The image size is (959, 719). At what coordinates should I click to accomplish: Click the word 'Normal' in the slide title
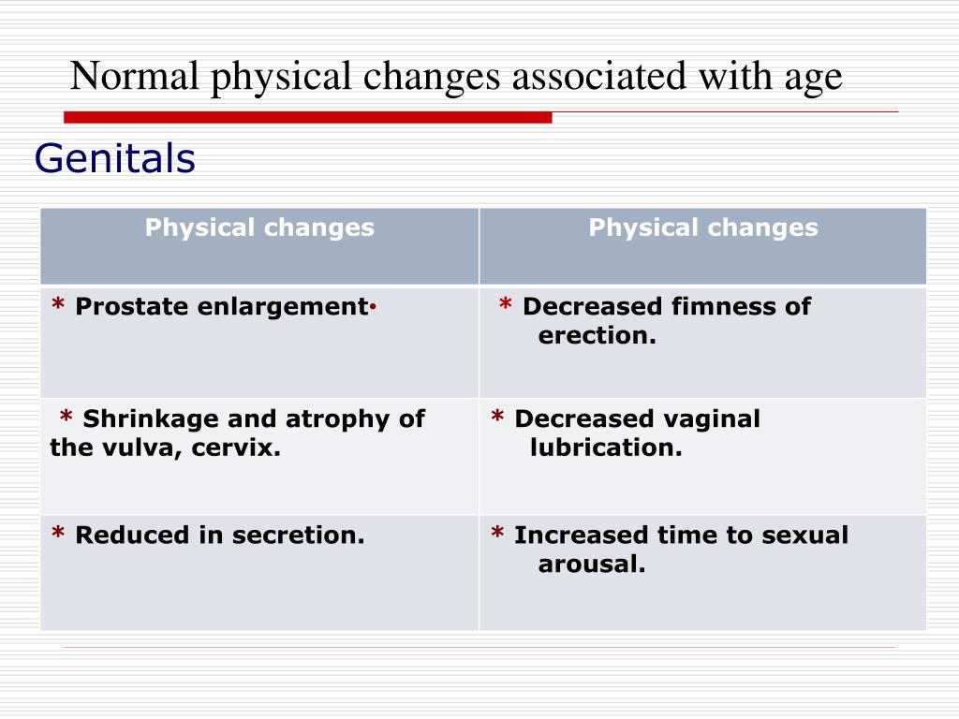[135, 76]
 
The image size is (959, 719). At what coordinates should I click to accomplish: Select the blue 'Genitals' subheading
[115, 158]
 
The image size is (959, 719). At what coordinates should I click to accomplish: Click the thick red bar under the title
[307, 117]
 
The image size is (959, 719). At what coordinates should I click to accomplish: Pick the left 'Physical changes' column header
[259, 227]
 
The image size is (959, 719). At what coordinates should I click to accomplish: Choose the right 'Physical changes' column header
[703, 227]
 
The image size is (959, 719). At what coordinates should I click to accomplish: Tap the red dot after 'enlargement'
[373, 307]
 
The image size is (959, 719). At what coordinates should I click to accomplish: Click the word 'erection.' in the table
[597, 335]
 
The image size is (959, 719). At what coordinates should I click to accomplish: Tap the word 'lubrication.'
[606, 448]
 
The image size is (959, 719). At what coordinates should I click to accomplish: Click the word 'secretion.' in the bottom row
[299, 535]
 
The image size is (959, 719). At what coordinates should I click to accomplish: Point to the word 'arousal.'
[592, 565]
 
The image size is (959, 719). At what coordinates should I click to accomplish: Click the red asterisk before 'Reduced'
[58, 532]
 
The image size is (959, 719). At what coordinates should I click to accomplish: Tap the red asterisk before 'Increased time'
[497, 532]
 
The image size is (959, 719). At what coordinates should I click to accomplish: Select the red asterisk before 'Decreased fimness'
[505, 303]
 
